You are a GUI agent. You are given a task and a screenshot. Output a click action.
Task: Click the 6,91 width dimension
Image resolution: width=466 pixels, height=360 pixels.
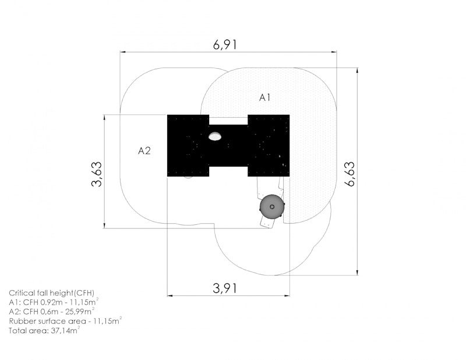(x=225, y=45)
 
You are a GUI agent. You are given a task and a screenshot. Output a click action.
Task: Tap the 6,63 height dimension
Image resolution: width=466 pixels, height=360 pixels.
(x=350, y=174)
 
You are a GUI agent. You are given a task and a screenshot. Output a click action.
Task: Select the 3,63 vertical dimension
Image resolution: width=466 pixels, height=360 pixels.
(x=97, y=174)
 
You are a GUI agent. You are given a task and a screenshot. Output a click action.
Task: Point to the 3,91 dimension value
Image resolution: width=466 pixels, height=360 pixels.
(x=225, y=288)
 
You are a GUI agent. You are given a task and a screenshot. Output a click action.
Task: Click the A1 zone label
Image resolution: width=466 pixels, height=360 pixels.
(x=265, y=97)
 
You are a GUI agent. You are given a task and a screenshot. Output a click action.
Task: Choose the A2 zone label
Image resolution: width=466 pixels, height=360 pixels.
(x=144, y=151)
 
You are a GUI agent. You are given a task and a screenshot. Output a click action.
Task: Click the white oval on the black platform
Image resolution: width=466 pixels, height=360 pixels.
(x=214, y=136)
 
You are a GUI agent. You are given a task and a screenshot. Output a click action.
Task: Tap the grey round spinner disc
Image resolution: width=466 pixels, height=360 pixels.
(x=272, y=207)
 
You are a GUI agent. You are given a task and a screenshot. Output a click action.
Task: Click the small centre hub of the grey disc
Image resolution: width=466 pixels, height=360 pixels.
(x=272, y=207)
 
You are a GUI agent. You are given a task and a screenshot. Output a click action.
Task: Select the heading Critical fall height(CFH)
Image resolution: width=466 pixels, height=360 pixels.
(x=51, y=293)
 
